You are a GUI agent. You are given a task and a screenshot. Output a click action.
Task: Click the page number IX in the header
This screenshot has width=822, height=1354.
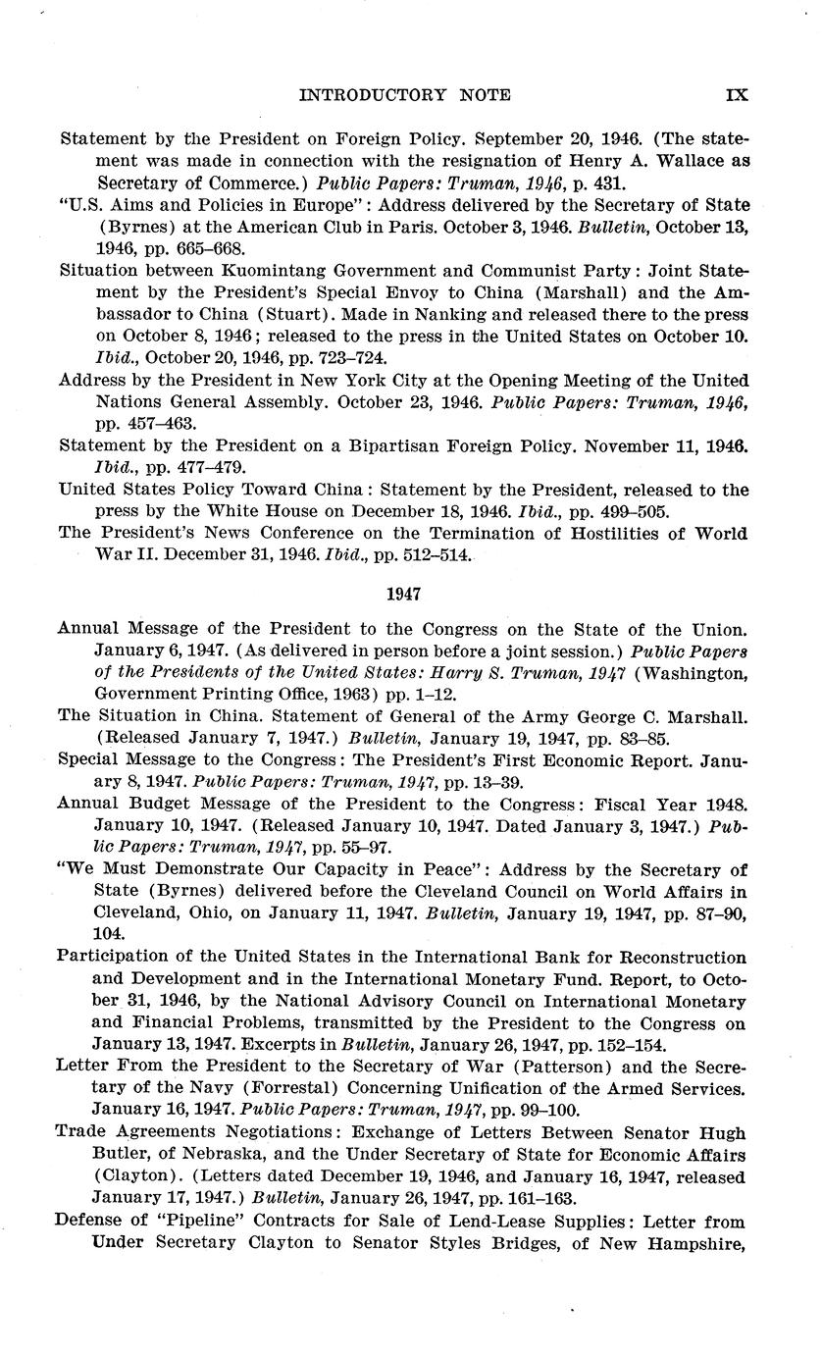[737, 95]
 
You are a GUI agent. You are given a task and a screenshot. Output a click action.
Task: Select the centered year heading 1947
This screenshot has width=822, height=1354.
[403, 595]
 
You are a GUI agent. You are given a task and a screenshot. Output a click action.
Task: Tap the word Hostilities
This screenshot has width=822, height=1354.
[627, 534]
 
